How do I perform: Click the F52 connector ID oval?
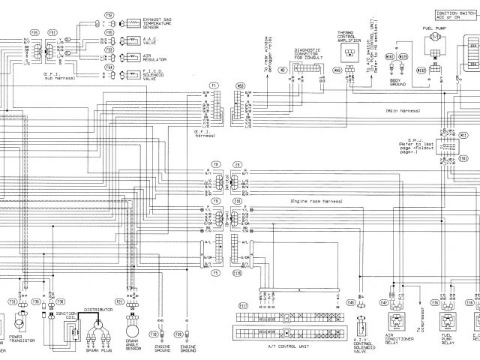[x=109, y=15]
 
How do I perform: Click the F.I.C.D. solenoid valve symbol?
[x=134, y=73]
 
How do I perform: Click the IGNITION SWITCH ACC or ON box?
[x=458, y=15]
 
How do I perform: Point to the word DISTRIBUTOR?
[x=97, y=308]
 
